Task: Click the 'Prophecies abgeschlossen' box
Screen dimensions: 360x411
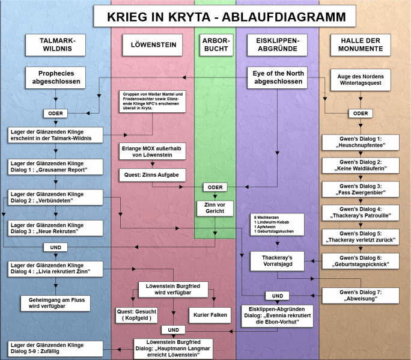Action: (55, 78)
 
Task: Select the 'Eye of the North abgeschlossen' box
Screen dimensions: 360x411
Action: (278, 78)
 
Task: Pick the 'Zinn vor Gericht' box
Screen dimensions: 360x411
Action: (214, 208)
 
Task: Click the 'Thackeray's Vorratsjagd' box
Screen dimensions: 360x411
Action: (277, 261)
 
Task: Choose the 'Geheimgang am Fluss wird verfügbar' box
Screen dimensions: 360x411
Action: (55, 302)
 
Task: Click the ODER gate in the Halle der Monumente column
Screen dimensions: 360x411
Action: (361, 114)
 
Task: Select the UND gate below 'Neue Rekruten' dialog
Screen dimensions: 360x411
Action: (55, 247)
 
